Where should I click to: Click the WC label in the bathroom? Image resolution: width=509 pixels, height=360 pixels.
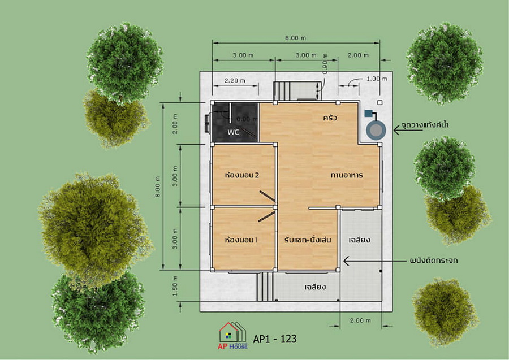pos(233,132)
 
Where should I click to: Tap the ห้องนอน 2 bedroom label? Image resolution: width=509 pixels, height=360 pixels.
pos(242,175)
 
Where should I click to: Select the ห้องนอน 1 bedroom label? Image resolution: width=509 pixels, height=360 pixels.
pos(241,240)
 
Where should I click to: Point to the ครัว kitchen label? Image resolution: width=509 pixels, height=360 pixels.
pos(330,118)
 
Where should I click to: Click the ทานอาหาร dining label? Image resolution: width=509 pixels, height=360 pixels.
pos(347,175)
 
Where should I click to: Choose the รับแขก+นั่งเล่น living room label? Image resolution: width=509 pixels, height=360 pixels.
pos(308,240)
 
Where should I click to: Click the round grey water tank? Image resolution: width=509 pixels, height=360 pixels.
pos(376,131)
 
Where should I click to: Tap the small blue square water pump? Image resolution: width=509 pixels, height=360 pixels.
pos(368,114)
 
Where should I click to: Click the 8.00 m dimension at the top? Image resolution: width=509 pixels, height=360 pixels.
pos(295,38)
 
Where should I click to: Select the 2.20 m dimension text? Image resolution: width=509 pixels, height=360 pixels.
pos(235,80)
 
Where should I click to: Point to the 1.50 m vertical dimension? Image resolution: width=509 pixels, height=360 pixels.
pos(175,286)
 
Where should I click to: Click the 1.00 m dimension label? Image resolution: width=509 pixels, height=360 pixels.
pos(377,79)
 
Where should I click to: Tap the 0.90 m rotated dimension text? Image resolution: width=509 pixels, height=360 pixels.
pos(325,63)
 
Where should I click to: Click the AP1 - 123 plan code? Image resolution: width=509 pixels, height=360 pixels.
pos(275,339)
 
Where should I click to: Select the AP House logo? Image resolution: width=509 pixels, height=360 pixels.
pos(233,336)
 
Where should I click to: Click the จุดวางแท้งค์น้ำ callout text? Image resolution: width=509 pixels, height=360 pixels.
pos(425,125)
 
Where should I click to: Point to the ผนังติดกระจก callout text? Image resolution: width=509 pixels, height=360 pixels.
pos(434,261)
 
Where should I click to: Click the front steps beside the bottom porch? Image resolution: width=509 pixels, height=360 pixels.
pos(265,287)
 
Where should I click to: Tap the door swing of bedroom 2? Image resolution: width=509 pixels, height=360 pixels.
pos(267,196)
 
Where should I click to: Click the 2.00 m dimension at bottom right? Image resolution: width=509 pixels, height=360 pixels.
pos(360,320)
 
